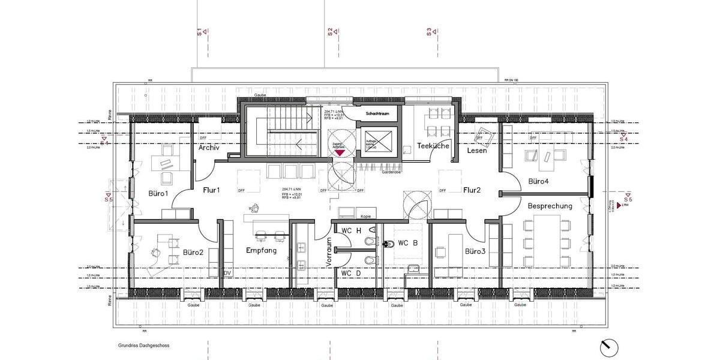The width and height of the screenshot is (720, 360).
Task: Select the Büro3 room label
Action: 475,251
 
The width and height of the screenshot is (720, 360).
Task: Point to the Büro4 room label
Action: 538,181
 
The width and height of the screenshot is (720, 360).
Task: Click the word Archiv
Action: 209,148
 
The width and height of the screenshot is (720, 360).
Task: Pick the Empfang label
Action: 261,250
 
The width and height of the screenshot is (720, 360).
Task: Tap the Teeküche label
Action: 433,146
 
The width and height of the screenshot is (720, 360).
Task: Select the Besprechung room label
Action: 550,206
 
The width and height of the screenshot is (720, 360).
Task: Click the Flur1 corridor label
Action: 211,191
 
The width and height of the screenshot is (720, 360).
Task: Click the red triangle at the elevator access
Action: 340,153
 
